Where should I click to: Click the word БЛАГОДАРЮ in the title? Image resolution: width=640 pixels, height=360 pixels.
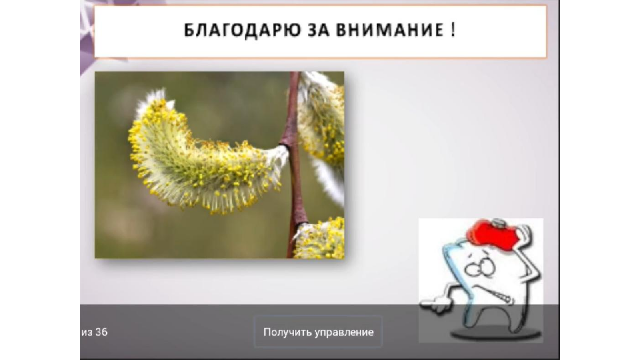(x=242, y=30)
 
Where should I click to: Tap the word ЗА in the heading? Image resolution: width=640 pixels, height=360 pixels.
(x=318, y=30)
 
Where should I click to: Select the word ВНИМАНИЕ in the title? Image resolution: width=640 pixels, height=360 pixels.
(x=390, y=30)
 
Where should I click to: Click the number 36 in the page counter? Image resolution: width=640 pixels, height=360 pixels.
(x=101, y=332)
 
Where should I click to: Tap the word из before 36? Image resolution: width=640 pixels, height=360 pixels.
(x=86, y=332)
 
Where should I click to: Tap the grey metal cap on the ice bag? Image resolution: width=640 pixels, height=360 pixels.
(x=498, y=222)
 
